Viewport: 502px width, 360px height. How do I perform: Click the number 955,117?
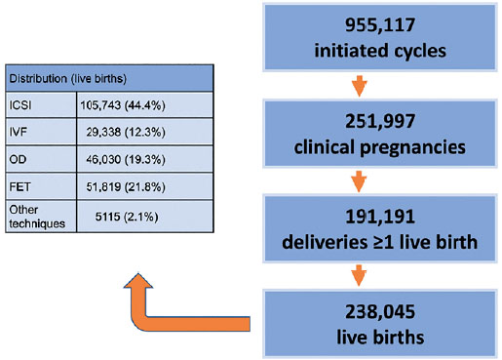[x=380, y=24]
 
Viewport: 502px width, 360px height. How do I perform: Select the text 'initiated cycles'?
[x=380, y=51]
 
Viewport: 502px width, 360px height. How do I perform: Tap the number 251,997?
[x=380, y=121]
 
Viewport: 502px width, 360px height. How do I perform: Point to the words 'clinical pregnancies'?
[x=379, y=147]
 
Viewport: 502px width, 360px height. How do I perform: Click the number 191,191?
[x=380, y=217]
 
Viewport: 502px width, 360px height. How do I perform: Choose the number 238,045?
[x=380, y=311]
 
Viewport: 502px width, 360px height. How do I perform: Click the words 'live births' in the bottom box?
[x=380, y=337]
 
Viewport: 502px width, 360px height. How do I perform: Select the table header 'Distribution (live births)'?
[x=67, y=79]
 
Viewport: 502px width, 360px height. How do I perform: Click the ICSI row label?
[x=20, y=105]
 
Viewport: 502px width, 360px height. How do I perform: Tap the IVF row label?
[x=19, y=132]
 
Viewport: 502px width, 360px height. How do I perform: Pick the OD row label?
[x=18, y=159]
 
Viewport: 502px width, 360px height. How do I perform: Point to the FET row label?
[x=19, y=186]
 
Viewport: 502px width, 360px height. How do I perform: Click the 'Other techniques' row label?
[x=37, y=217]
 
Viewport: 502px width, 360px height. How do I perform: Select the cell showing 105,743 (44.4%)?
[x=123, y=105]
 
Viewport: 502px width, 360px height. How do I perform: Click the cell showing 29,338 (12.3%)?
[x=126, y=132]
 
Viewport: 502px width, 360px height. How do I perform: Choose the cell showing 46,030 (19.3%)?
[x=126, y=159]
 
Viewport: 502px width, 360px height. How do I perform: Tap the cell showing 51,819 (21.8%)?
[x=126, y=186]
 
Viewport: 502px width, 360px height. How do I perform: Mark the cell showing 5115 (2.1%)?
[x=127, y=217]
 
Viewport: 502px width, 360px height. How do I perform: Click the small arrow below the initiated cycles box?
[x=359, y=86]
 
